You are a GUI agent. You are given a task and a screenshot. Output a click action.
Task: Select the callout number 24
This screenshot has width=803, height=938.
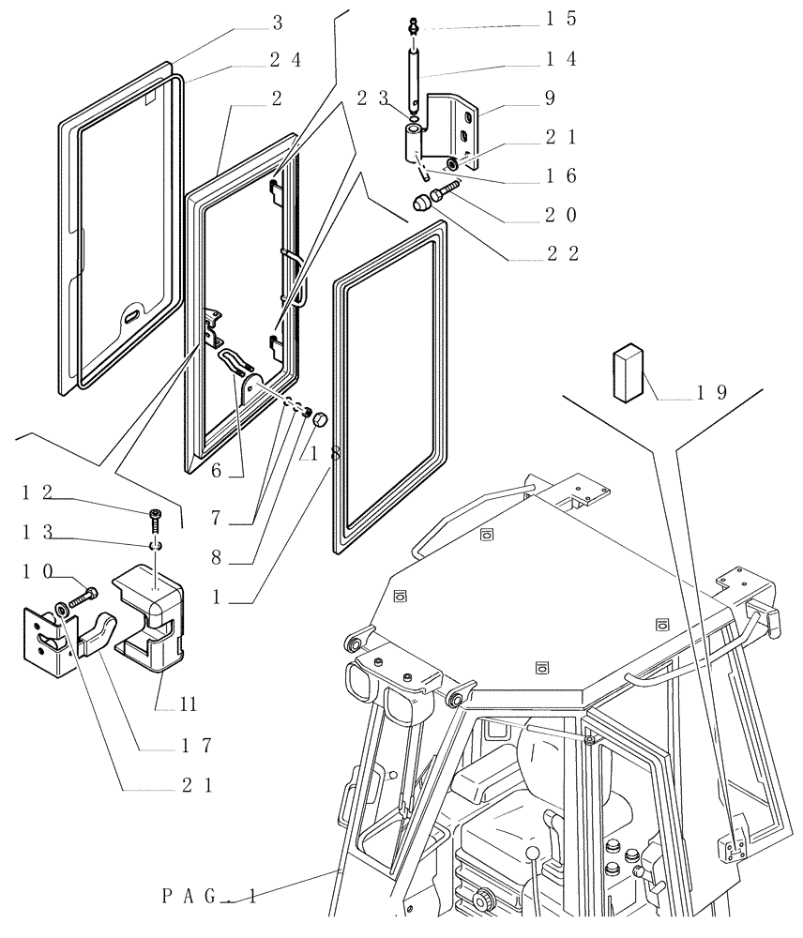tap(285, 58)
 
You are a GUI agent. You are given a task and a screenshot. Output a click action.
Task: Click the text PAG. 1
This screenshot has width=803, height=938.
tap(209, 898)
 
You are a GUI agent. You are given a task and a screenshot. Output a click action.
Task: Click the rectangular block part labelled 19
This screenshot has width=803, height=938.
tap(629, 371)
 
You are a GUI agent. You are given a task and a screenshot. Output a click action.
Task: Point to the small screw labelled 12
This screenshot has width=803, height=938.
tap(155, 514)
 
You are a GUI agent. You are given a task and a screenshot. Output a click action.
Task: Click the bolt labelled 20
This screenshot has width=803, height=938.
tap(444, 192)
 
